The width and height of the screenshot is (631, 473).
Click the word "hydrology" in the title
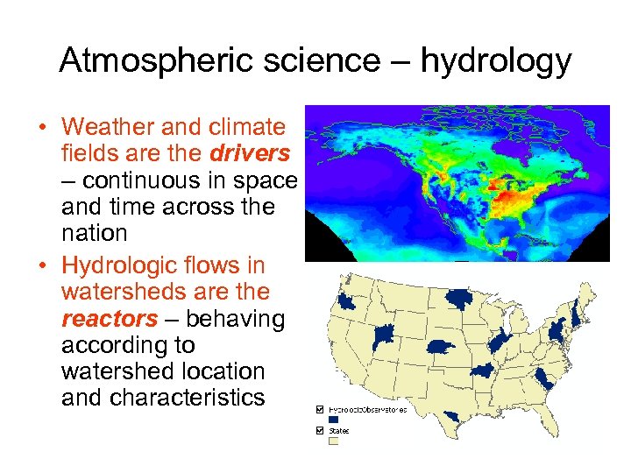pos(496,62)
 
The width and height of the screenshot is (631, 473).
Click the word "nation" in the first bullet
pos(95,234)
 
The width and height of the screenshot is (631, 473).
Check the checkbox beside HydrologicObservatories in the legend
pos(319,409)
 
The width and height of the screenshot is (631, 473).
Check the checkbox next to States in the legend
pos(319,430)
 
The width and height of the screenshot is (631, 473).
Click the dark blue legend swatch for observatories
pos(332,420)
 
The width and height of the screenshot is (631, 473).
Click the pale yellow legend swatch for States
pos(332,441)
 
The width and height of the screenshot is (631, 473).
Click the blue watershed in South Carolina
pos(545,378)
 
